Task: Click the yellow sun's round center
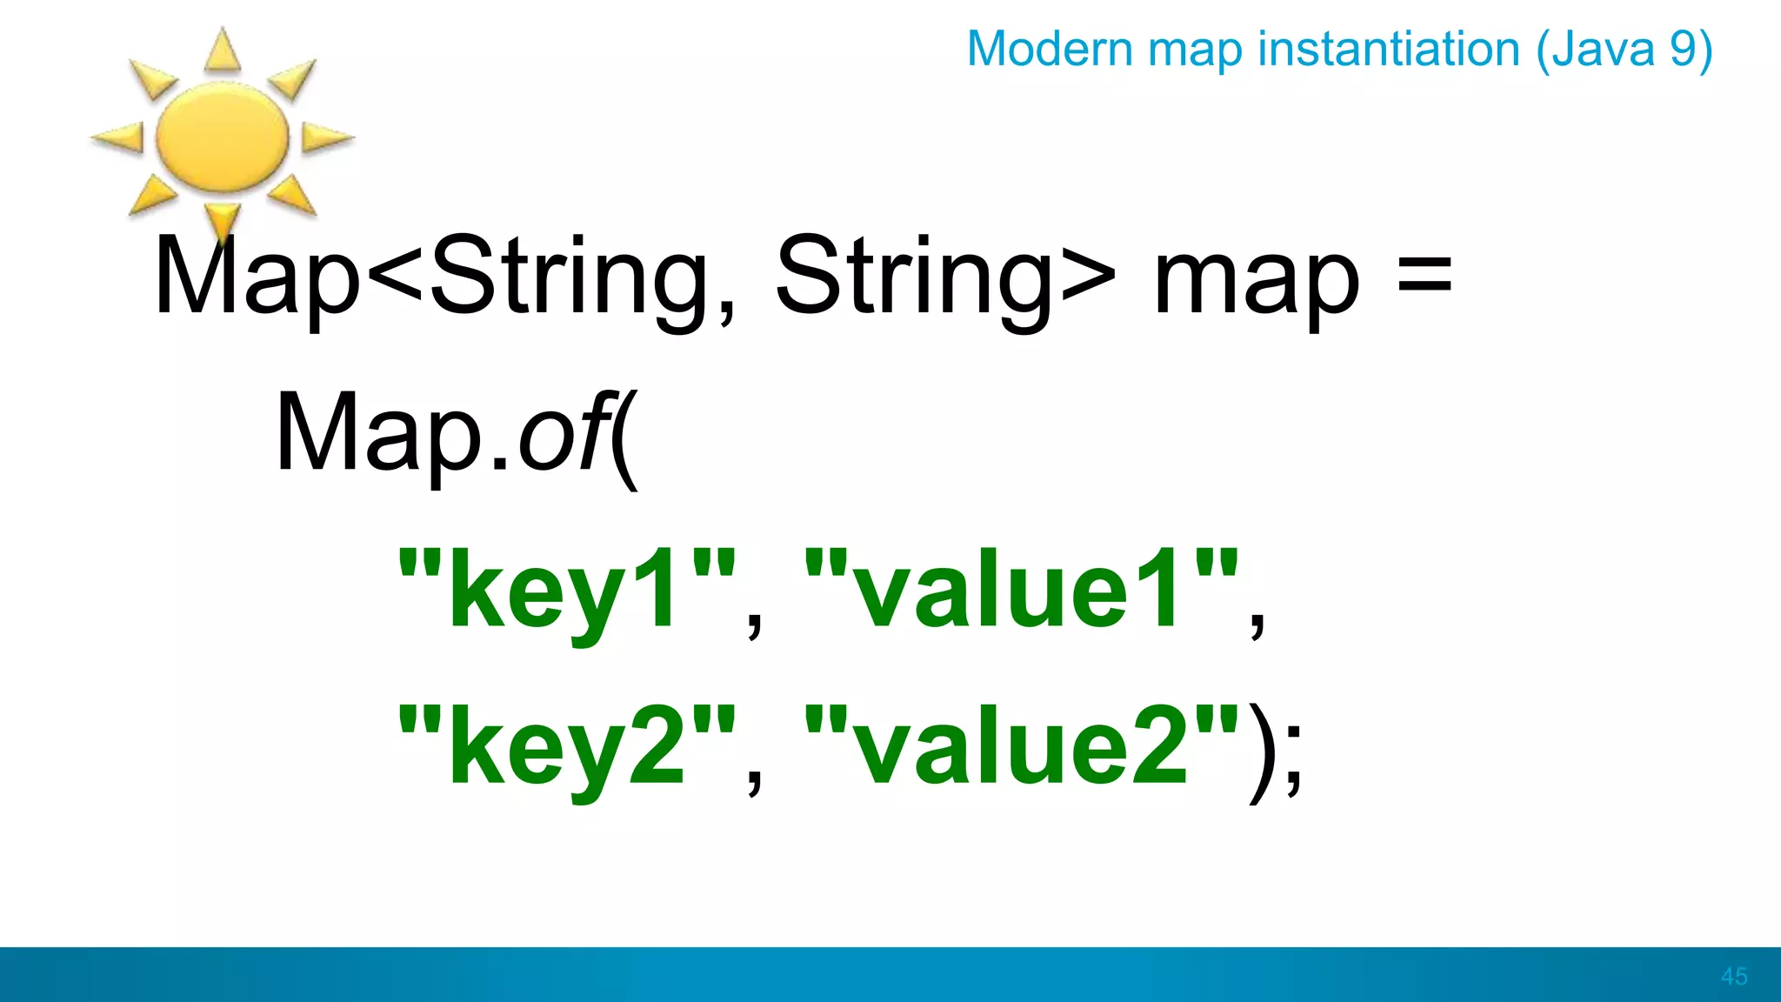222,137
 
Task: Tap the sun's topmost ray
223,50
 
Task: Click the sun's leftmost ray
118,137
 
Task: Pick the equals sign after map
1424,277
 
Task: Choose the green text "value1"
1021,590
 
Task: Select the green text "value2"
1021,746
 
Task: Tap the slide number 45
1733,976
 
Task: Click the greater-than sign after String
1088,277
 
